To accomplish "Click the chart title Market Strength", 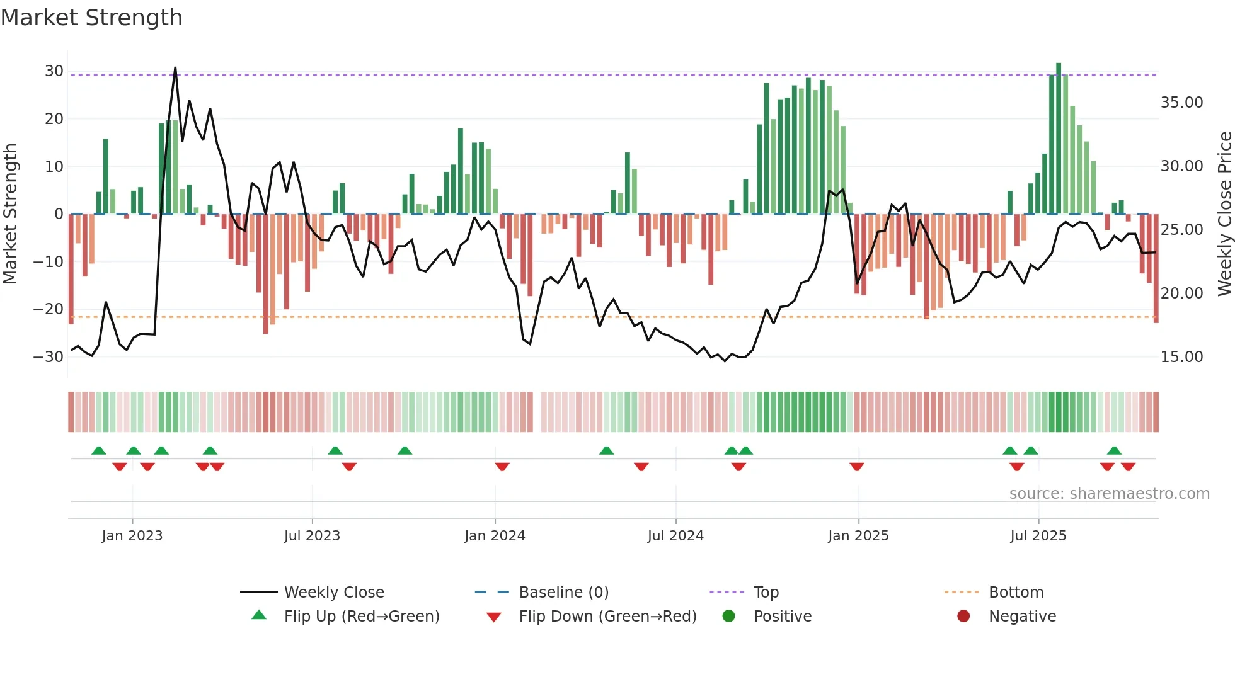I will (91, 18).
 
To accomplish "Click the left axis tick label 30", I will (54, 71).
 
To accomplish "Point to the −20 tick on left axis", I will (49, 309).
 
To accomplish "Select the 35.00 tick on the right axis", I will (1181, 103).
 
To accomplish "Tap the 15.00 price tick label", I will (1181, 357).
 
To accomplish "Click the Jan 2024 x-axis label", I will (495, 536).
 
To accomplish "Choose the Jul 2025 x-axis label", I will (1038, 536).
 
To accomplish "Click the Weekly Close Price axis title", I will (1224, 214).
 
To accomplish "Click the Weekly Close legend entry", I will (333, 593).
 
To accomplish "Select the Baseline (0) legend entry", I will (563, 593).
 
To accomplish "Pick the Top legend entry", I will (766, 593).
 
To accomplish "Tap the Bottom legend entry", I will (1016, 593).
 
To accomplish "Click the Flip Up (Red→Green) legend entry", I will (361, 617).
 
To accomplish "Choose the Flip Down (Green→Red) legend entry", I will (607, 617).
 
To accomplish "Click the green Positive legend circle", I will (728, 617).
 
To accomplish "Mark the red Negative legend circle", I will (963, 617).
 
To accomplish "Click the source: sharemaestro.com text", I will (1109, 494).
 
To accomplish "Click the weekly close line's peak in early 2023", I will (175, 68).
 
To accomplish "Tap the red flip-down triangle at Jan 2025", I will (856, 467).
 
